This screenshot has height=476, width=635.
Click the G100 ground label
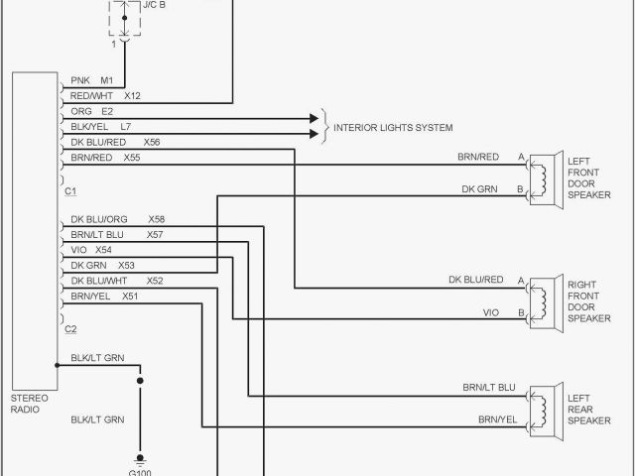140,471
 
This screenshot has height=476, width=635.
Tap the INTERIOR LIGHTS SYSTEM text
393,128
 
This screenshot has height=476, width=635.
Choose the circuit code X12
132,96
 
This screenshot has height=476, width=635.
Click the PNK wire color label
80,80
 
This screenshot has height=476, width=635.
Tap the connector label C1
70,189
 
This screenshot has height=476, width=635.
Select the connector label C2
70,328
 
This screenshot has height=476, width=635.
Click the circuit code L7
126,127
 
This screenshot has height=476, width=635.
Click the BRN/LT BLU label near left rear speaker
489,387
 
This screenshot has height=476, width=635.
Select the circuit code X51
130,297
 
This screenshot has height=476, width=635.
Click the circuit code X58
157,219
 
